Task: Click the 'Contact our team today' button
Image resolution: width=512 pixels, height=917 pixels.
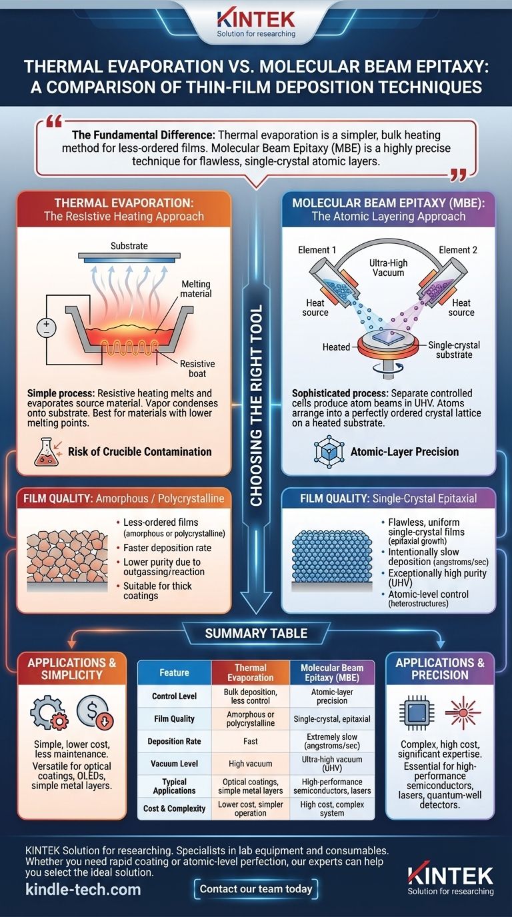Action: [x=256, y=888]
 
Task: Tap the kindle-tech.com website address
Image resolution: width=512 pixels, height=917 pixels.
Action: [x=83, y=889]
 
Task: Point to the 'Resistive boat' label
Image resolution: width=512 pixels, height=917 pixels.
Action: [x=197, y=369]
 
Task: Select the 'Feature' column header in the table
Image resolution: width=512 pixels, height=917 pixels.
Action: [x=174, y=673]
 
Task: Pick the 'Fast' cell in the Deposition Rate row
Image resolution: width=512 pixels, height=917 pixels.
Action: [x=250, y=741]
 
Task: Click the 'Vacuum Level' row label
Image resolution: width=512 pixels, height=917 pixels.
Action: [x=174, y=764]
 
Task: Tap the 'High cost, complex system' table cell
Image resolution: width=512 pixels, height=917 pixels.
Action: [x=331, y=809]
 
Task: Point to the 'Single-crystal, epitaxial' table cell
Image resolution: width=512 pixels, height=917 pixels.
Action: [x=331, y=719]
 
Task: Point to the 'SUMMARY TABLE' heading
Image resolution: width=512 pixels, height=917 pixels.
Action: [x=256, y=633]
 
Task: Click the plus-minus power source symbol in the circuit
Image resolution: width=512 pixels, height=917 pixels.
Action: [x=47, y=327]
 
